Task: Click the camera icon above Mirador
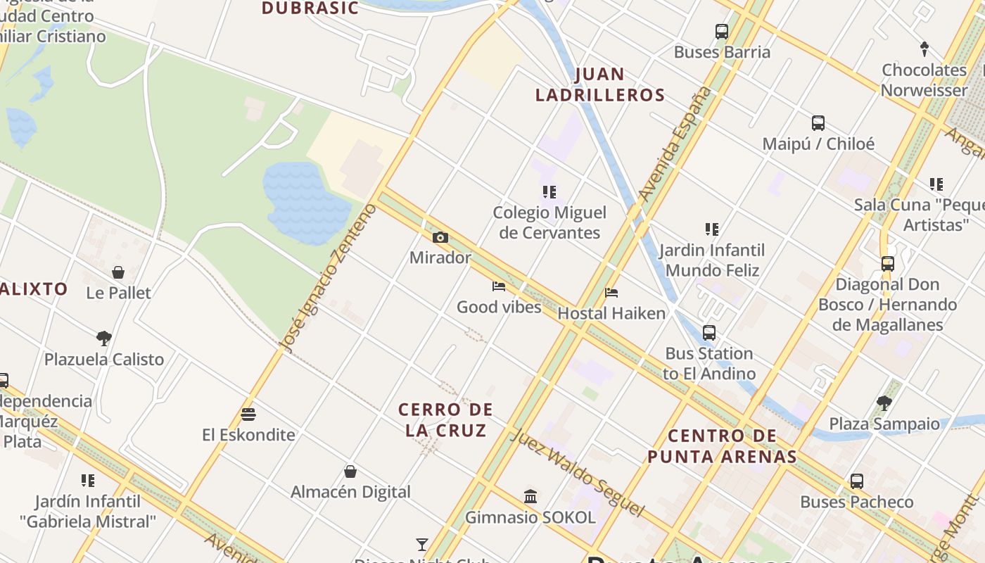pos(440,238)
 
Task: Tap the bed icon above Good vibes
pos(499,286)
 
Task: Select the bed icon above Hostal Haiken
pos(611,293)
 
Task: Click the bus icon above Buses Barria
pos(722,32)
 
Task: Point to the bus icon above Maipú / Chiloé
pos(818,123)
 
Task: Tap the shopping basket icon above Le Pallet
pos(118,272)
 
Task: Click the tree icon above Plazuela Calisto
pos(104,339)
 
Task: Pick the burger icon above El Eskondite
pos(248,415)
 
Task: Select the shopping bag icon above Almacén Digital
pos(350,472)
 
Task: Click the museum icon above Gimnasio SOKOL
pos(530,497)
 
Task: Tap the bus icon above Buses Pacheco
pos(857,481)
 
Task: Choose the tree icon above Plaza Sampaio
pos(884,403)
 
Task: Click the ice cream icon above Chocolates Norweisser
pos(924,49)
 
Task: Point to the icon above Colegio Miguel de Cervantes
pos(549,192)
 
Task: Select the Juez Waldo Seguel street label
pos(577,472)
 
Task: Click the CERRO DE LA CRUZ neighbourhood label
pos(446,419)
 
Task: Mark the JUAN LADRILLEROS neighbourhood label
pos(600,84)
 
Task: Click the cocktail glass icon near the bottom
pos(421,544)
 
